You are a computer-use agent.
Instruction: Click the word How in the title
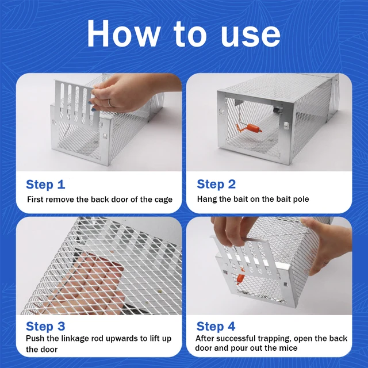(123, 33)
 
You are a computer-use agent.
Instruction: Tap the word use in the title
(251, 36)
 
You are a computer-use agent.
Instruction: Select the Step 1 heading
(45, 185)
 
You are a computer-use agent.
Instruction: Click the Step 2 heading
(216, 184)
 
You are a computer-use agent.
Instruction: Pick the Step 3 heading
(45, 326)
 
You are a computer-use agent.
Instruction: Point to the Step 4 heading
(216, 326)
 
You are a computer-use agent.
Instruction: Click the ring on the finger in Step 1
(110, 103)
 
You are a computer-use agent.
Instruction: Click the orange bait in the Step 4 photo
(241, 277)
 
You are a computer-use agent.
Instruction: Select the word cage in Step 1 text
(163, 200)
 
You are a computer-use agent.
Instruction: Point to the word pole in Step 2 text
(301, 200)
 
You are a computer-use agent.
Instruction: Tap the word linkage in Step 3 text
(75, 339)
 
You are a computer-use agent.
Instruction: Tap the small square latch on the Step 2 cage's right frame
(286, 125)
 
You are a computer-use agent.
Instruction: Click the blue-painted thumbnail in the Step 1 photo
(93, 109)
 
